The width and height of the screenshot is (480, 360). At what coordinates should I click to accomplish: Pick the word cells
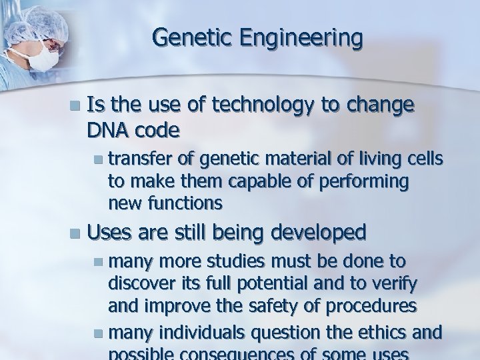(423, 157)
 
